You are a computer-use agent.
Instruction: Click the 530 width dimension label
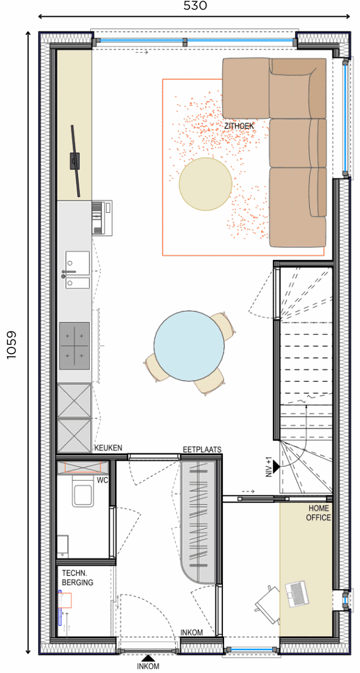click(195, 6)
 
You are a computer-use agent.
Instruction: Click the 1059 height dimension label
click(12, 344)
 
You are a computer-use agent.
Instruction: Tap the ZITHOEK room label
click(239, 126)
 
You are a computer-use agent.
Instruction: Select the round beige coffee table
click(205, 184)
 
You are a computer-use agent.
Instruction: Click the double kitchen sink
click(78, 270)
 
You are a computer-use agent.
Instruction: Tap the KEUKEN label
click(108, 448)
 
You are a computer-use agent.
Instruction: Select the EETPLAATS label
click(202, 450)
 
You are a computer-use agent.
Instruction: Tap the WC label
click(102, 478)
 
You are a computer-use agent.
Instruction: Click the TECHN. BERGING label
click(78, 577)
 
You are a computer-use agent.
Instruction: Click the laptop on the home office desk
click(297, 594)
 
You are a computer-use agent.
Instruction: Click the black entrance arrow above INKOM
click(148, 657)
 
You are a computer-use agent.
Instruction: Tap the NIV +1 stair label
click(269, 466)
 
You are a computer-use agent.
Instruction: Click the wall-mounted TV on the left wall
click(76, 160)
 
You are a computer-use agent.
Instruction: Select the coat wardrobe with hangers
click(198, 521)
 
